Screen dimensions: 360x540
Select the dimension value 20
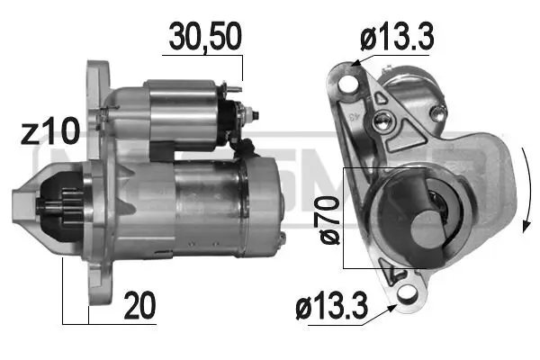[139, 307]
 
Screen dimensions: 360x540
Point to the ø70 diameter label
[329, 221]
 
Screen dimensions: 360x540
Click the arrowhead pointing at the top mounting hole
[355, 62]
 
